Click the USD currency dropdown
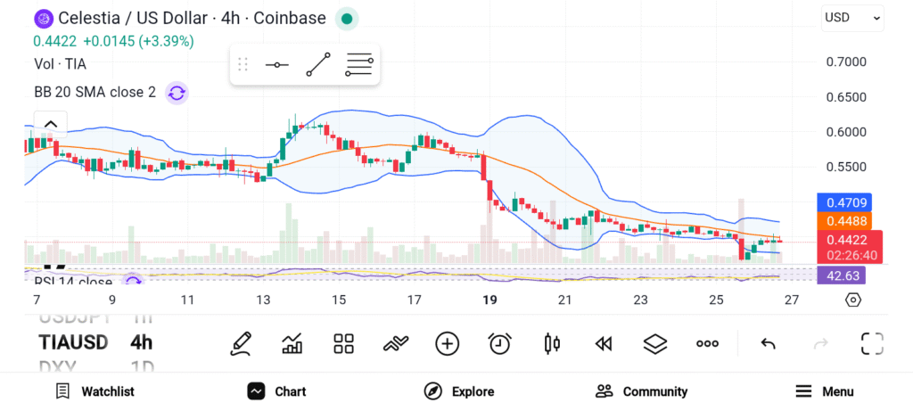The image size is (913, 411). tap(851, 17)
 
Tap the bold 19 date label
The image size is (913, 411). tap(489, 300)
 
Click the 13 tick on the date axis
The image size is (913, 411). tap(263, 300)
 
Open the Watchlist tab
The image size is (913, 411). tap(95, 391)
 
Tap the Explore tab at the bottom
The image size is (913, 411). tap(458, 391)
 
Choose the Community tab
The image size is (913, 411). tap(641, 391)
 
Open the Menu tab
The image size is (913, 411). tap(824, 391)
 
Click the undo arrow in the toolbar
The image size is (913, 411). tap(768, 343)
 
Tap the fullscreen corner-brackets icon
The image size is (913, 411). tap(871, 343)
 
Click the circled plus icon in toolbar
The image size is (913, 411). tap(447, 343)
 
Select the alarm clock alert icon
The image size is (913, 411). tap(499, 343)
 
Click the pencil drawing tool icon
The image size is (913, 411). tap(240, 343)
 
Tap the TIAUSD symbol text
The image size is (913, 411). tap(73, 342)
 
